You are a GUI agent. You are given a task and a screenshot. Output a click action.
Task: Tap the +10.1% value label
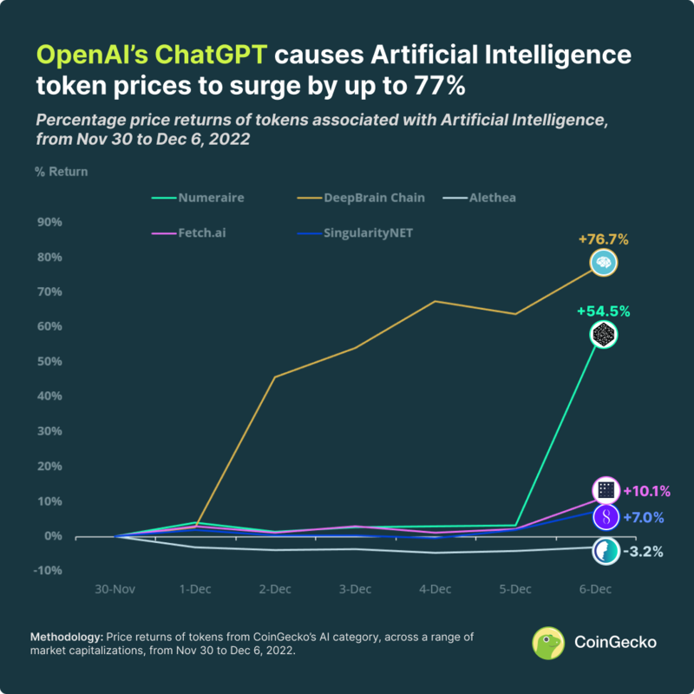pos(646,491)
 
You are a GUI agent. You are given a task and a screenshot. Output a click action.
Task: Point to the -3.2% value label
pos(641,551)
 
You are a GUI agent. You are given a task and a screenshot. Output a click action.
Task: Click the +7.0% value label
pos(643,518)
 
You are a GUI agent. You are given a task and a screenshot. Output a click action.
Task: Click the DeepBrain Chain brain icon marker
pos(603,262)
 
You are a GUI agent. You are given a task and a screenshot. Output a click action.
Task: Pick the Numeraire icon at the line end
pos(603,334)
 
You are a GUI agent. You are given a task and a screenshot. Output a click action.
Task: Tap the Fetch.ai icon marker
pos(606,491)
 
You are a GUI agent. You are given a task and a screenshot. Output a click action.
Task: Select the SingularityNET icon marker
pos(606,518)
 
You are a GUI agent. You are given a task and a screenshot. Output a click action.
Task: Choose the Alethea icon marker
pos(605,551)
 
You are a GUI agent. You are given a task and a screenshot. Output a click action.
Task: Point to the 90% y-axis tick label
pos(48,222)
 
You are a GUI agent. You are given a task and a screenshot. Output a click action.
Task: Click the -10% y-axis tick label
pos(46,571)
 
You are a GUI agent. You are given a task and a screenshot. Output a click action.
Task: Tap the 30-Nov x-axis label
pos(115,589)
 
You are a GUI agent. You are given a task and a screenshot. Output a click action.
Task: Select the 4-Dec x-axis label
pos(435,589)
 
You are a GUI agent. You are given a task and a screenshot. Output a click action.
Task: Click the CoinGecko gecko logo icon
pos(549,643)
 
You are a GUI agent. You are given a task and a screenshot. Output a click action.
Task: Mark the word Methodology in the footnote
pos(64,637)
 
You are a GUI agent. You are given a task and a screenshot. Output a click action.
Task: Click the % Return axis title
pos(61,171)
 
